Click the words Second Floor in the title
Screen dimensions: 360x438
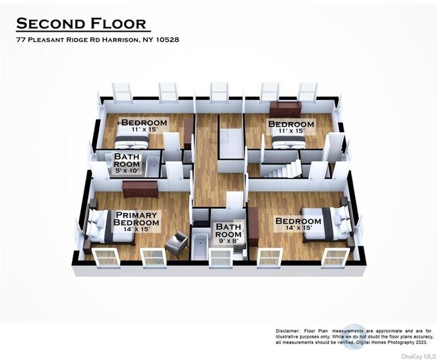click(x=81, y=24)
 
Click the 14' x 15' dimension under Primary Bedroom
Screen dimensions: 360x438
click(x=137, y=229)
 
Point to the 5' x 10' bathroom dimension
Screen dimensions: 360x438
click(x=127, y=171)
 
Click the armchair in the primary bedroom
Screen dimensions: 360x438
click(x=177, y=241)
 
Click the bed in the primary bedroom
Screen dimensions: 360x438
click(x=102, y=226)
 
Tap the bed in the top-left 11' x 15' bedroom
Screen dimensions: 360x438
click(x=132, y=139)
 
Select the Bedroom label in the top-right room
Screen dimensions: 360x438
click(x=291, y=124)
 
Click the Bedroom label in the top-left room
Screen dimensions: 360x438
click(x=143, y=122)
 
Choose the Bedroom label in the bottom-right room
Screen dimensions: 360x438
click(x=298, y=221)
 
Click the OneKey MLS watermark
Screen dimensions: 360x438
click(x=418, y=355)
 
